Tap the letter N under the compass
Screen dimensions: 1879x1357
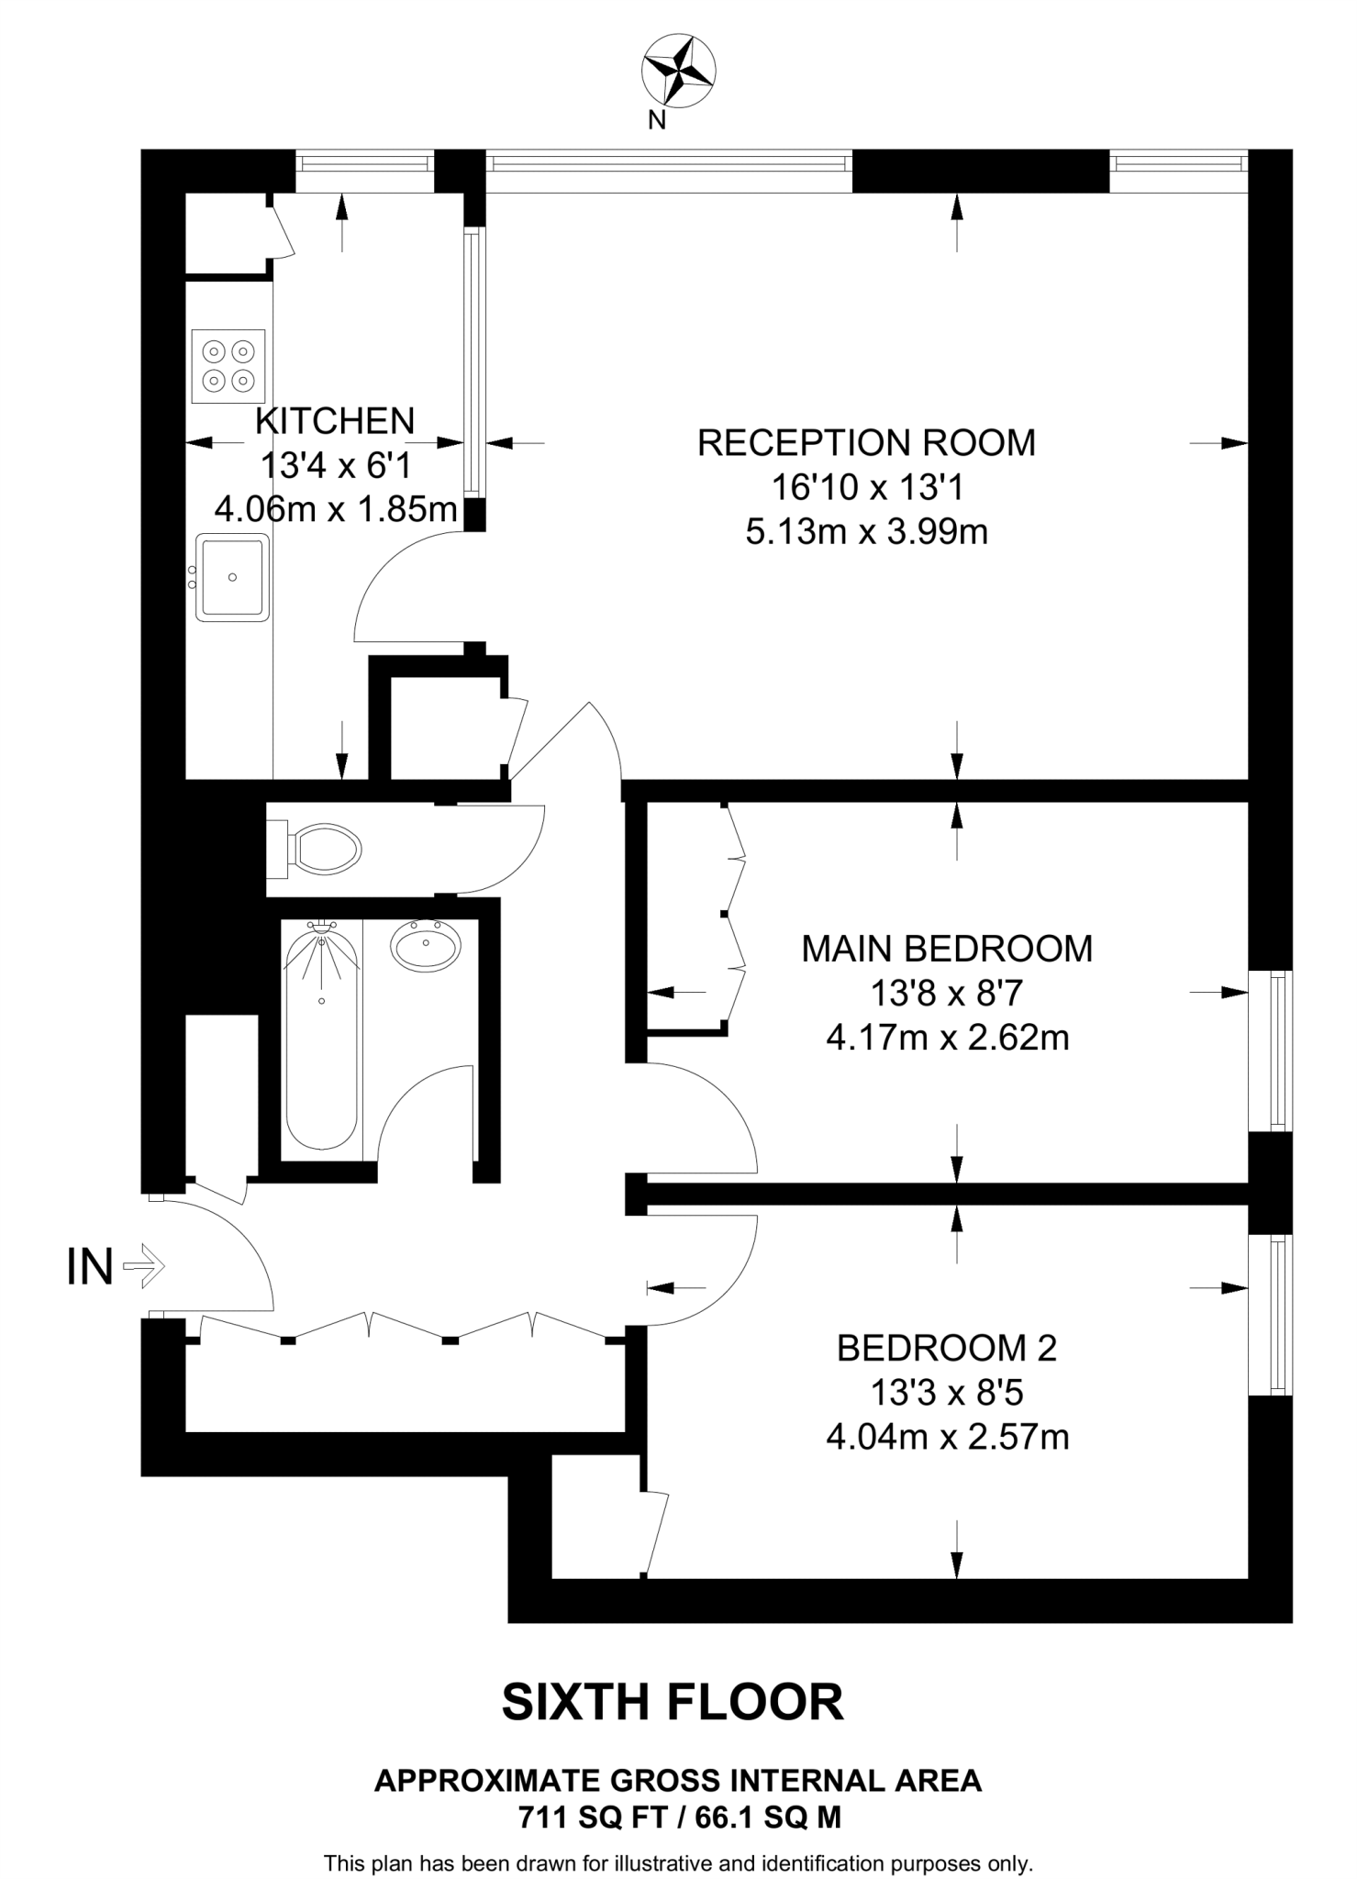click(x=657, y=120)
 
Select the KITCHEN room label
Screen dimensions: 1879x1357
click(x=335, y=421)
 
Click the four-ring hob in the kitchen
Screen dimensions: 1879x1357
click(x=228, y=366)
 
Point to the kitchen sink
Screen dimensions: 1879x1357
click(x=234, y=577)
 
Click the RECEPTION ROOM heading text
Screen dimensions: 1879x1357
click(x=866, y=443)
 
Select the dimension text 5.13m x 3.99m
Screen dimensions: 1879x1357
click(x=866, y=532)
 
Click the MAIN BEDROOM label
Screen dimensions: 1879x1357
click(x=947, y=949)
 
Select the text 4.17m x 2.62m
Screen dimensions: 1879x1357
click(x=947, y=1039)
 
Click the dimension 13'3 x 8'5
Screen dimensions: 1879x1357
click(x=947, y=1394)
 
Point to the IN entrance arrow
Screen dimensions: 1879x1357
click(x=144, y=1267)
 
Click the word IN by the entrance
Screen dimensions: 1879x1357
click(x=90, y=1267)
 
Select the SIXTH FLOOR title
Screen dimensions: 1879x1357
click(x=673, y=1703)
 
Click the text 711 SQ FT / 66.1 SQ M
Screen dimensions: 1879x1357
click(x=679, y=1817)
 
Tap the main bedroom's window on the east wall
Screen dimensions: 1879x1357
click(x=1273, y=1051)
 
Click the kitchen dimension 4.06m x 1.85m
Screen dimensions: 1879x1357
click(x=336, y=509)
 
